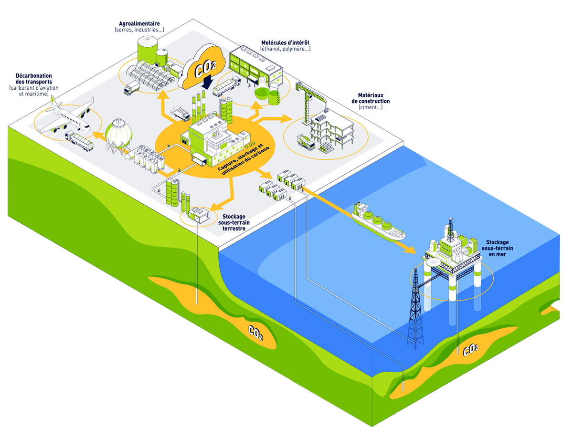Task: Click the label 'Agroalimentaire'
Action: [139, 23]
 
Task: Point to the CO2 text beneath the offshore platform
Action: [470, 350]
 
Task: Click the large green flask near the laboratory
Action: [262, 91]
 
